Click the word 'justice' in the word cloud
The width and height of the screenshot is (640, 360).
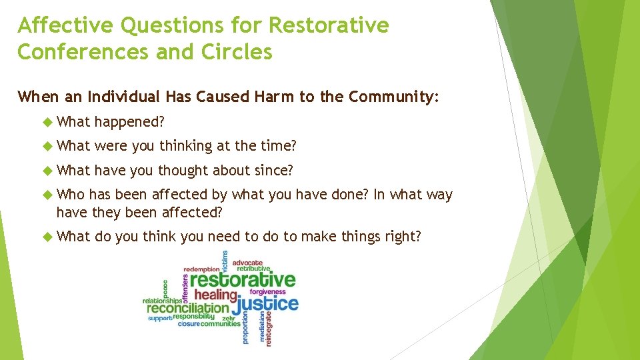pos(265,305)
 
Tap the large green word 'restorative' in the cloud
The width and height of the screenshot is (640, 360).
pos(243,280)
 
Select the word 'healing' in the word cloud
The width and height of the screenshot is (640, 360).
pos(215,295)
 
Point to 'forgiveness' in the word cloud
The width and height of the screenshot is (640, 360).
pos(268,292)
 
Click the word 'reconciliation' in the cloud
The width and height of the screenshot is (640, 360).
pos(188,309)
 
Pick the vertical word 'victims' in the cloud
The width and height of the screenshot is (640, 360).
pos(225,261)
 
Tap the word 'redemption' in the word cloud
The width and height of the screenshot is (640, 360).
pos(201,269)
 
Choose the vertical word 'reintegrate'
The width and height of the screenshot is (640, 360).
pos(269,329)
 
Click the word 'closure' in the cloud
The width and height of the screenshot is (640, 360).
pos(189,324)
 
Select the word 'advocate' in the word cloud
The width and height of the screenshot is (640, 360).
pos(248,263)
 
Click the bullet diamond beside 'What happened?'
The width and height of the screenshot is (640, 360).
pos(48,122)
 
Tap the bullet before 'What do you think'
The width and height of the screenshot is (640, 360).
pos(48,237)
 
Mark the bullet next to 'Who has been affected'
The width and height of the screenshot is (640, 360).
pos(48,195)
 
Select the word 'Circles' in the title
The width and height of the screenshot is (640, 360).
pos(236,52)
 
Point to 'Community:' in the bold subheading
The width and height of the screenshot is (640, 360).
pos(393,97)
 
